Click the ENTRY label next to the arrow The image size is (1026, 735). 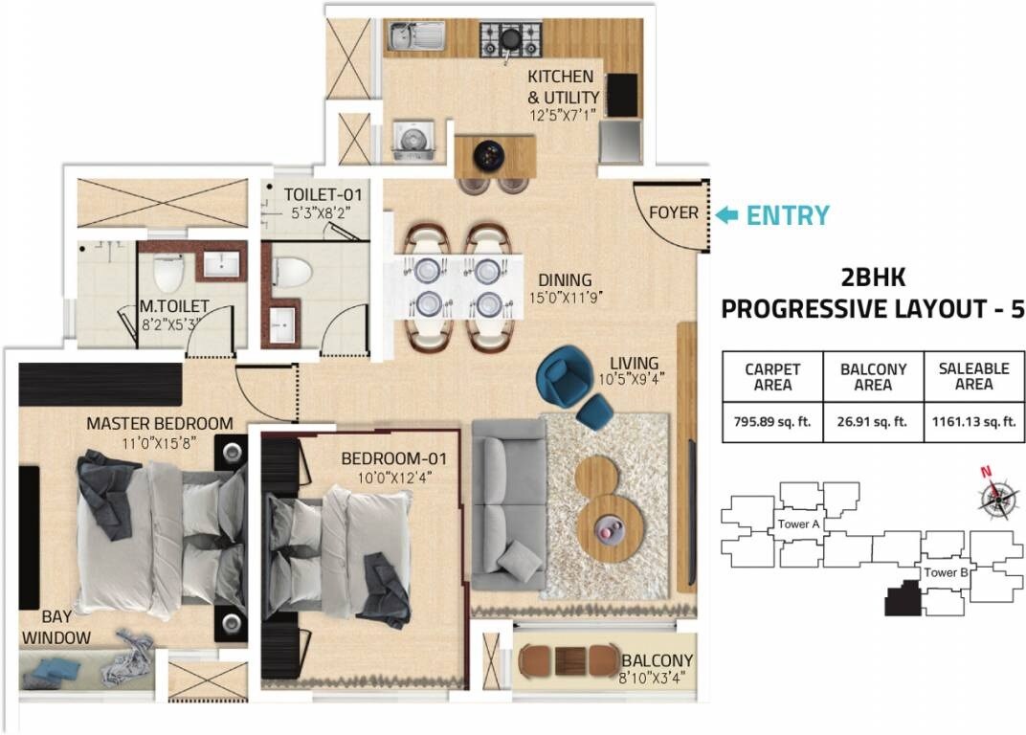pyautogui.click(x=788, y=215)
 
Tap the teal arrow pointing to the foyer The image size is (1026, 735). pyautogui.click(x=727, y=215)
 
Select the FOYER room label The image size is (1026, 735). pyautogui.click(x=673, y=212)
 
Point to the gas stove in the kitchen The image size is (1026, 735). pyautogui.click(x=510, y=39)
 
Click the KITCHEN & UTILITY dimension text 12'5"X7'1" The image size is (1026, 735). pyautogui.click(x=563, y=115)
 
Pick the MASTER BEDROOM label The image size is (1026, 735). pyautogui.click(x=159, y=423)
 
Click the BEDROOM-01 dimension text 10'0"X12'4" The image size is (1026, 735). pyautogui.click(x=394, y=478)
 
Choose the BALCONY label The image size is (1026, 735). pyautogui.click(x=657, y=661)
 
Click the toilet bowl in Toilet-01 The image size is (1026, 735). pyautogui.click(x=292, y=272)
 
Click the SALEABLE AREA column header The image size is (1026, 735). pyautogui.click(x=973, y=376)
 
